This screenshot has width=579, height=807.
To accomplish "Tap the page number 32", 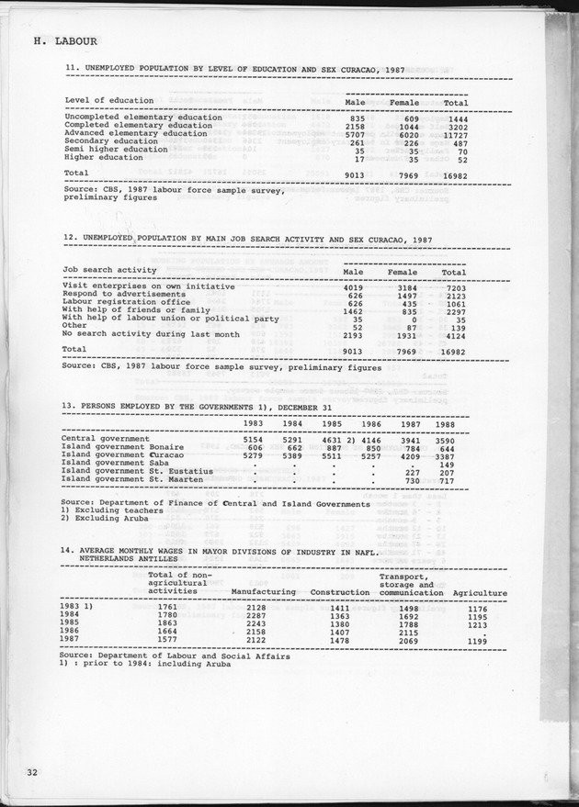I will [x=34, y=769].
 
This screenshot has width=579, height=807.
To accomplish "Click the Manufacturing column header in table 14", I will [x=263, y=592].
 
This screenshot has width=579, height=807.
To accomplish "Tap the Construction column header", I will [x=339, y=592].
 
